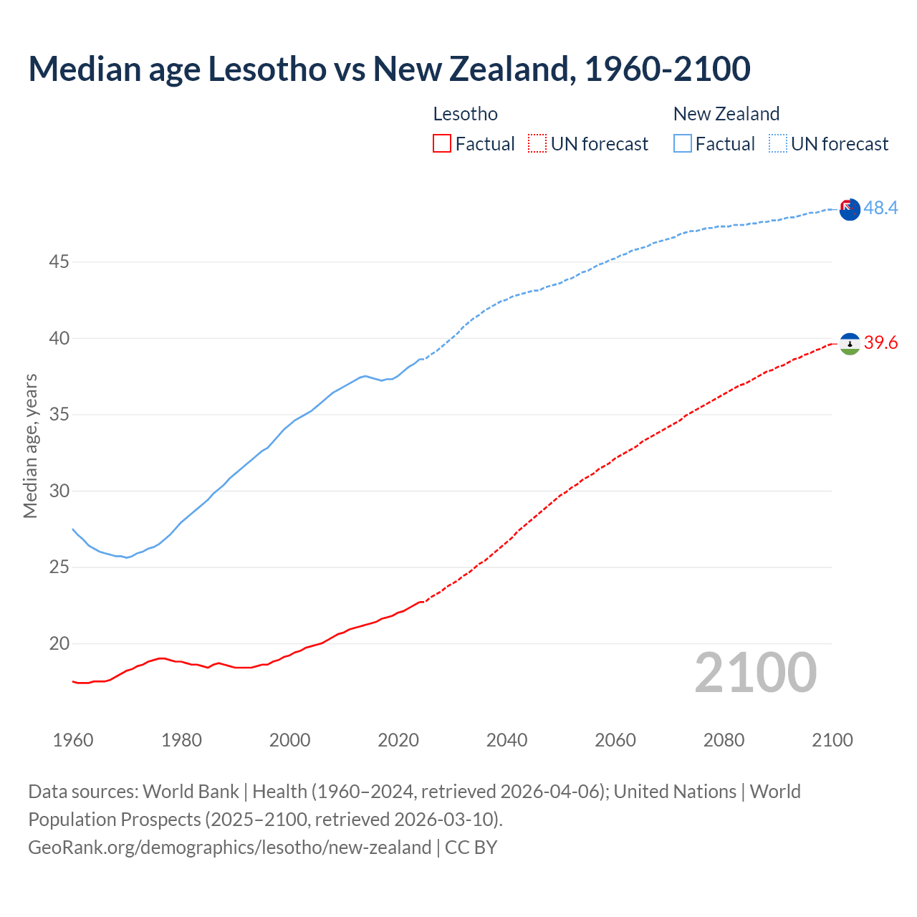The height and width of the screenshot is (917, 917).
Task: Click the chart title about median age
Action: (x=389, y=69)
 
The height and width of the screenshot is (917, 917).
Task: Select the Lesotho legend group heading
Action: (x=465, y=114)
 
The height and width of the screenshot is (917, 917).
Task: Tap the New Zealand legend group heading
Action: (x=726, y=114)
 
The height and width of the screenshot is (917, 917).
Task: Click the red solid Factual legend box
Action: (x=442, y=144)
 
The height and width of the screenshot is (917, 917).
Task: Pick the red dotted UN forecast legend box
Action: (x=537, y=144)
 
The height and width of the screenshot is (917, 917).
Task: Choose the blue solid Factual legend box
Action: (x=683, y=144)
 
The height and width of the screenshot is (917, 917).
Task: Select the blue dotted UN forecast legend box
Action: (x=778, y=144)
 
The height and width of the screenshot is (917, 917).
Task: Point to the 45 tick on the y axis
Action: (x=59, y=262)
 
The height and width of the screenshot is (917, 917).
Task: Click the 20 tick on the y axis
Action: (x=59, y=644)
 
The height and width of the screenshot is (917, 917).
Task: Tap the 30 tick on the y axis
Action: (x=59, y=491)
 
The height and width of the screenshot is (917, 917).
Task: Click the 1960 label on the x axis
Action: (x=73, y=740)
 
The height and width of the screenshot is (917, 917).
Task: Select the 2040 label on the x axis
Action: (x=506, y=740)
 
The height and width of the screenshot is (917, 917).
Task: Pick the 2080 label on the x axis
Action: (x=724, y=740)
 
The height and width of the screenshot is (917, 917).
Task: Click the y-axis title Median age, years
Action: (x=30, y=446)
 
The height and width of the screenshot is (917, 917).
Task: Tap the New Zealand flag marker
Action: (x=850, y=210)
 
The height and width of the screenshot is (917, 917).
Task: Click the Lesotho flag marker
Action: (x=850, y=344)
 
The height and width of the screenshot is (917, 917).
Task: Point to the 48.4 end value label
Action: (x=880, y=208)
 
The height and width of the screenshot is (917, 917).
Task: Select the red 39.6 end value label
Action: (x=880, y=343)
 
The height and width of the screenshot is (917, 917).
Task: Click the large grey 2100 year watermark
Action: (x=756, y=673)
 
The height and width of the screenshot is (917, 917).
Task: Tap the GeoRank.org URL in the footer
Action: (x=229, y=848)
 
